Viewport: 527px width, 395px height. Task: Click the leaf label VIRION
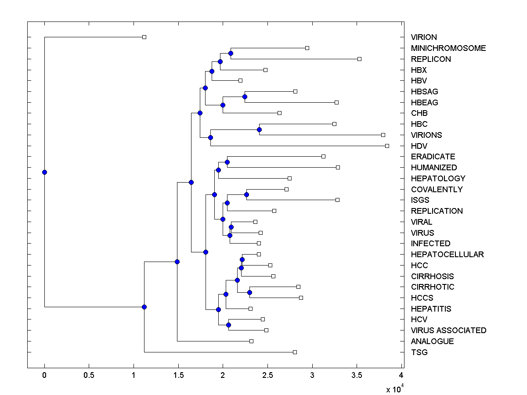424,37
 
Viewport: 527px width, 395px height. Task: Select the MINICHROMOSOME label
448,48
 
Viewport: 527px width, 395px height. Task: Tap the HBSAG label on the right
424,92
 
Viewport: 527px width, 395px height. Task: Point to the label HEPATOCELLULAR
447,255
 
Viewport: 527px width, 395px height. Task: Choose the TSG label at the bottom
419,352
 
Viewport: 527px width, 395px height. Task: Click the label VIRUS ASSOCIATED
448,330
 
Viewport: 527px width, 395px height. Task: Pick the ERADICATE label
433,157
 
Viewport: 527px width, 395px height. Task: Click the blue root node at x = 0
44,172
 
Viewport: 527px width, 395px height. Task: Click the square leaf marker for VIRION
144,37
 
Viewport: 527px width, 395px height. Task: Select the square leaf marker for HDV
387,146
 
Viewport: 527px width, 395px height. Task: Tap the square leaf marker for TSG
295,352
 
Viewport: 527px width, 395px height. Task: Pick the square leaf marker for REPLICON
359,59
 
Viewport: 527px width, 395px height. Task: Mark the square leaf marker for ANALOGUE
251,341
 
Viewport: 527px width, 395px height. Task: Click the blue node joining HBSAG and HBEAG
245,97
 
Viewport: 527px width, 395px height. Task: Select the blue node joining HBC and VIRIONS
259,129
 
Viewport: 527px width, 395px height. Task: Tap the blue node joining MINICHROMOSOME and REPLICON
231,53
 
